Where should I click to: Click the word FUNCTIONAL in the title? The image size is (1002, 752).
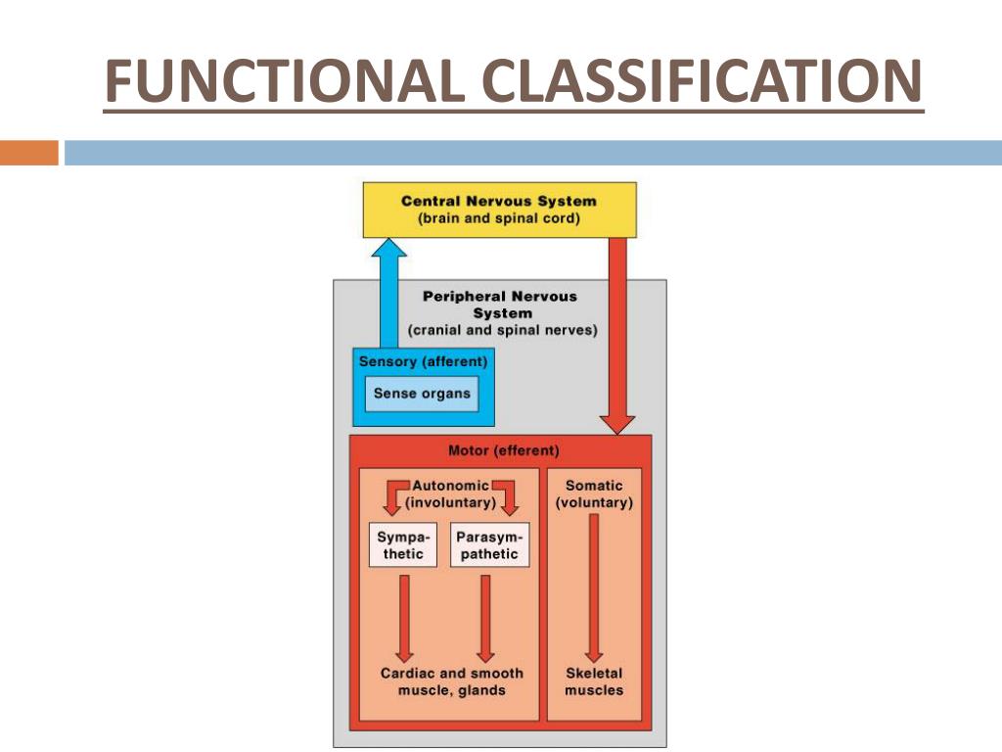[285, 80]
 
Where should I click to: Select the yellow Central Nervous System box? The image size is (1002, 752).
[500, 210]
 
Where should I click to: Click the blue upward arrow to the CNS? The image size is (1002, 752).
[388, 293]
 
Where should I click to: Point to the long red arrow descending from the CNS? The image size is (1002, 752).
[617, 336]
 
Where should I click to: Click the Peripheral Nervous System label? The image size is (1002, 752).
[502, 312]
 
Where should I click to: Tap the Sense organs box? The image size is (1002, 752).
[422, 394]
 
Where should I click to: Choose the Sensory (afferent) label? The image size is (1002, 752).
[423, 361]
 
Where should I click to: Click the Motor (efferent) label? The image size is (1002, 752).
[504, 450]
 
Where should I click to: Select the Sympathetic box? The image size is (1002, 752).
[403, 544]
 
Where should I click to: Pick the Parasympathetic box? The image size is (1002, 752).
[489, 544]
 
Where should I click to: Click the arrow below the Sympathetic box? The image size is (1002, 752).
[404, 619]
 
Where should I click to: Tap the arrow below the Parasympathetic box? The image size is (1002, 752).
[485, 619]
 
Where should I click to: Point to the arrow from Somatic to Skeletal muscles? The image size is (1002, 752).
[594, 587]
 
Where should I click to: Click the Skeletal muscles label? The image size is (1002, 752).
[594, 681]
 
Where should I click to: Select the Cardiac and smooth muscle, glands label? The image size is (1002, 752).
[452, 681]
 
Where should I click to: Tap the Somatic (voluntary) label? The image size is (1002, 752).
[594, 493]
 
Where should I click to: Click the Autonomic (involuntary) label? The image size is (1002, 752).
[450, 493]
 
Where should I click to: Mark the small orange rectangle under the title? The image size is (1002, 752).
[29, 153]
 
